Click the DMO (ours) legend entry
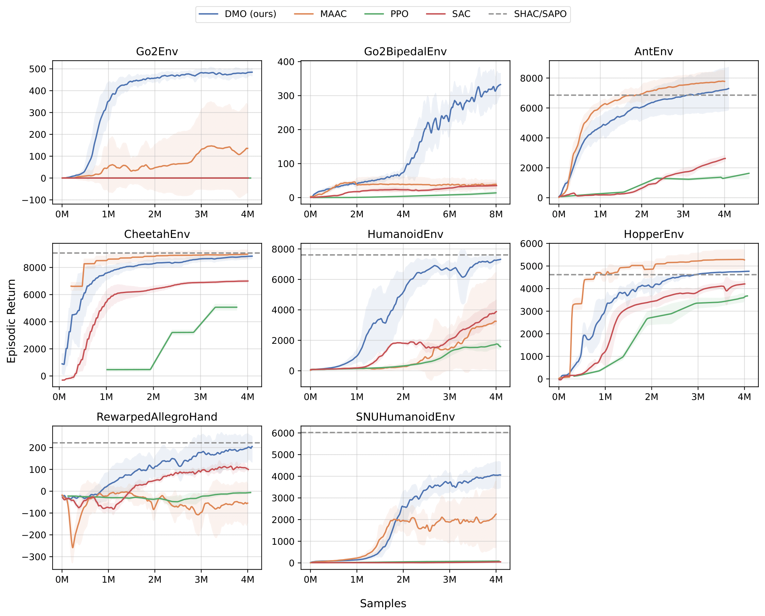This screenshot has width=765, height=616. (x=237, y=14)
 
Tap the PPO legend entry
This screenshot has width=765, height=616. (x=386, y=14)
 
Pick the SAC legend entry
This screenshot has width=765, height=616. (x=448, y=14)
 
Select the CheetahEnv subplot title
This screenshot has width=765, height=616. (x=157, y=234)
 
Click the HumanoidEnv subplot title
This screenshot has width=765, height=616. (x=405, y=234)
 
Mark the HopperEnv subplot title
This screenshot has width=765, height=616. (x=654, y=234)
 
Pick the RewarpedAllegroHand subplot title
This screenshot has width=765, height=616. (x=157, y=417)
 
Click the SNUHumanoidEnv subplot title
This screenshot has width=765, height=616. (x=405, y=417)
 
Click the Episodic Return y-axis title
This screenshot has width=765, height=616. (x=11, y=321)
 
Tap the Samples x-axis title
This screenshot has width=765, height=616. (x=383, y=604)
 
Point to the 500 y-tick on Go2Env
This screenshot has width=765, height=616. (x=38, y=69)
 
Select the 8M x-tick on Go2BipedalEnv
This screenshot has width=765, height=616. (x=496, y=214)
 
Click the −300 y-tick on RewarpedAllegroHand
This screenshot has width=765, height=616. (x=34, y=557)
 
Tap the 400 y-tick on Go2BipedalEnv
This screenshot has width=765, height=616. (x=286, y=62)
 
